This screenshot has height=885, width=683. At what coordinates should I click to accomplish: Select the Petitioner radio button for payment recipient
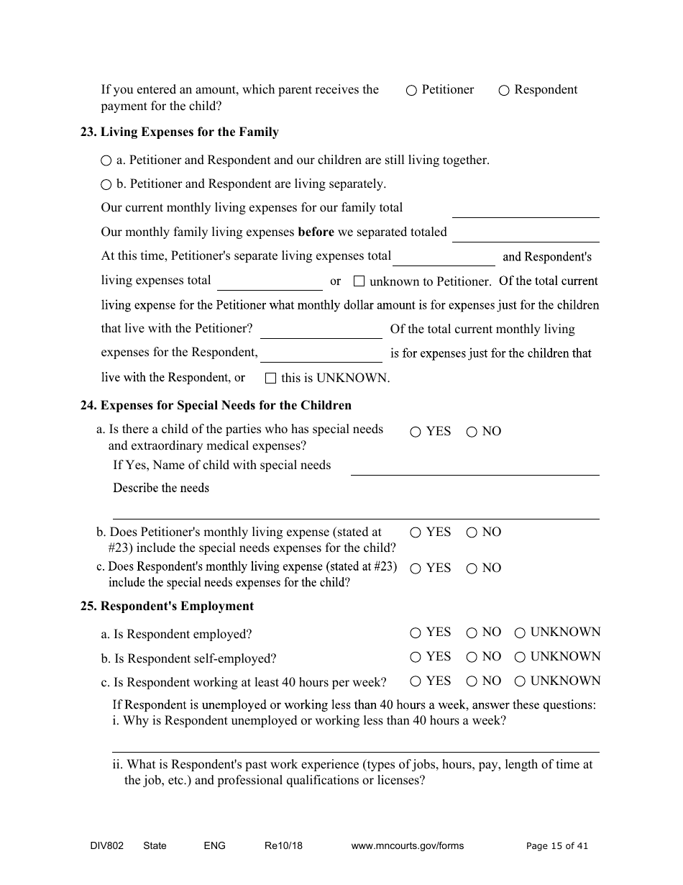(x=411, y=91)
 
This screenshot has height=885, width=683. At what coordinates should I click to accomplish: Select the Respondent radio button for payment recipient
(x=504, y=91)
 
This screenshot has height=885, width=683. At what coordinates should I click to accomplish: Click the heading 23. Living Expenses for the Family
(x=179, y=132)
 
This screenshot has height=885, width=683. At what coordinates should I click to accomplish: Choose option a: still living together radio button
(x=106, y=160)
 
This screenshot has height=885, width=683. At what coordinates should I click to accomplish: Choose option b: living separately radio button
(x=106, y=184)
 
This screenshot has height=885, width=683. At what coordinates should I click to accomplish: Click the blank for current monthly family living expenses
(x=525, y=209)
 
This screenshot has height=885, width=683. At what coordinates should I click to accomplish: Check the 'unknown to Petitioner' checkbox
(x=359, y=281)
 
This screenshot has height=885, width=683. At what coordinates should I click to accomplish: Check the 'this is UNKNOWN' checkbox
(x=270, y=378)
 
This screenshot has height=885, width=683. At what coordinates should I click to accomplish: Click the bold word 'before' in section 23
(x=316, y=232)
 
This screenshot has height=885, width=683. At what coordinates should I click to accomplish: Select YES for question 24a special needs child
(x=416, y=432)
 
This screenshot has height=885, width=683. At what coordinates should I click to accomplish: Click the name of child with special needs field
(x=475, y=467)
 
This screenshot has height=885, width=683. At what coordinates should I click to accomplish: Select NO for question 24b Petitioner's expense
(x=472, y=532)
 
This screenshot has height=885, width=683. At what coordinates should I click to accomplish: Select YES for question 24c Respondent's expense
(x=416, y=568)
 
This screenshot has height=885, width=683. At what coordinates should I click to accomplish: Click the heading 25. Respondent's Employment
(x=167, y=606)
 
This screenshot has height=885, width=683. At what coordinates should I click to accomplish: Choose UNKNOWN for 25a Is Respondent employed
(x=520, y=633)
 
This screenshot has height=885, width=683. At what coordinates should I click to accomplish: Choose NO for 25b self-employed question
(x=472, y=657)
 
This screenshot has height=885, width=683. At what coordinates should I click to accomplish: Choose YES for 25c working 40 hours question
(x=416, y=681)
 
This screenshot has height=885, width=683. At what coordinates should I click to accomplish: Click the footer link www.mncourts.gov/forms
(x=407, y=846)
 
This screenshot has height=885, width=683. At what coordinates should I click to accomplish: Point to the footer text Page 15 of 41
(x=556, y=846)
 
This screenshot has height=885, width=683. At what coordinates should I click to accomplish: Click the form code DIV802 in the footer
(x=101, y=846)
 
